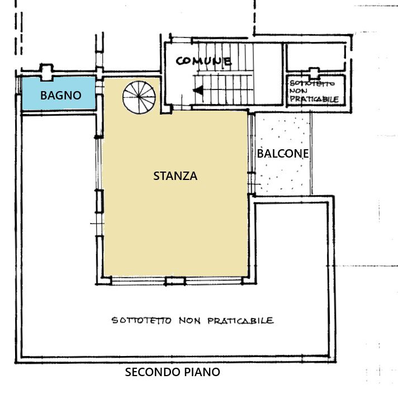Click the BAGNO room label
60,96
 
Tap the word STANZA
175,176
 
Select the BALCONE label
283,154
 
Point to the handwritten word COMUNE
203,61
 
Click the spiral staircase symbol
139,97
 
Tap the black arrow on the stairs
198,91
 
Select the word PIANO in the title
202,372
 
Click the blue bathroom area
59,93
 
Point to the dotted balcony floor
283,154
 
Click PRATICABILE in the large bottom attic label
240,321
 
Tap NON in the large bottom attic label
189,321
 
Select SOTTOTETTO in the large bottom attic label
142,321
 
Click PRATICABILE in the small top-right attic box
314,99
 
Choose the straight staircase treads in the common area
224,74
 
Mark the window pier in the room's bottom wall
175,281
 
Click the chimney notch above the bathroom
46,72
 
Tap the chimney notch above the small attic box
314,73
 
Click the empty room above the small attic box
316,57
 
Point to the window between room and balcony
252,154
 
